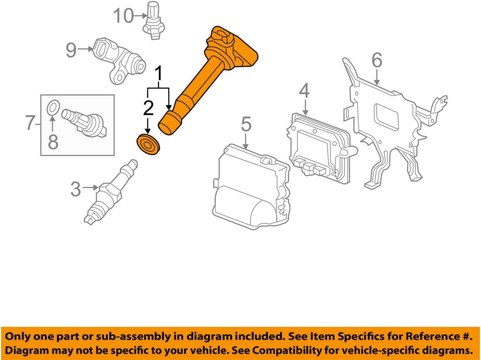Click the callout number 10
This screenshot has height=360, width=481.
click(x=123, y=16)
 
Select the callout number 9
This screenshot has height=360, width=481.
click(x=71, y=50)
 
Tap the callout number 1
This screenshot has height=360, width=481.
click(x=159, y=74)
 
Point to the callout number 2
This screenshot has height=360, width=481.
click(x=148, y=108)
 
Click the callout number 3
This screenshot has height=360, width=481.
click(x=76, y=189)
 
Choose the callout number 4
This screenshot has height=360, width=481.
click(x=304, y=91)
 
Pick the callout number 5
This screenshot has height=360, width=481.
click(x=246, y=124)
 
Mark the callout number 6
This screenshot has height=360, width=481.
click(x=377, y=60)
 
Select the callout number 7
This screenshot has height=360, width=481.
click(x=30, y=123)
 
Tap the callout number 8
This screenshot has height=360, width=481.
click(x=53, y=142)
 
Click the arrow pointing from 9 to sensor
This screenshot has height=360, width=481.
click(x=85, y=49)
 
